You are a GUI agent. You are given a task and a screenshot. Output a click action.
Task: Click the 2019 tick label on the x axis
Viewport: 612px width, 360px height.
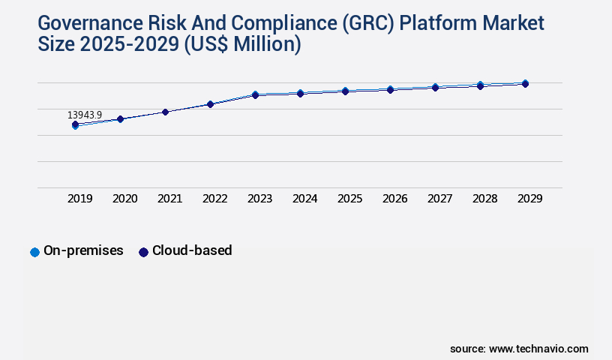click(80, 199)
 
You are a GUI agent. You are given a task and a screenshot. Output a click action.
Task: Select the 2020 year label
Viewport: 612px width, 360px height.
click(125, 199)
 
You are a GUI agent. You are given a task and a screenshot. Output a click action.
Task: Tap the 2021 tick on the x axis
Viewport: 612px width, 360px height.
click(170, 199)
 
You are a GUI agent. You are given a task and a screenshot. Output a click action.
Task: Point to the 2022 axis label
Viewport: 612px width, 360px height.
click(215, 199)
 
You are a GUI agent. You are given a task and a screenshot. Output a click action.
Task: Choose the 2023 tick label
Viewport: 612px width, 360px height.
click(260, 199)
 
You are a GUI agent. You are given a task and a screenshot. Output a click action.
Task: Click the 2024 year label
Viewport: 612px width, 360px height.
click(305, 199)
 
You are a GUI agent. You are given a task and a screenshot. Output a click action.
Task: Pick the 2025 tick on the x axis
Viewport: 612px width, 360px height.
click(350, 199)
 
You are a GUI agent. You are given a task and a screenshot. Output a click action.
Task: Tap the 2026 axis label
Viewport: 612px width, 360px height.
click(395, 199)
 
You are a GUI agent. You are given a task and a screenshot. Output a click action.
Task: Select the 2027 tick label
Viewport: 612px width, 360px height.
click(440, 199)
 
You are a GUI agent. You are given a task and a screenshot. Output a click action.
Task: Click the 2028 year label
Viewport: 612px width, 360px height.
click(485, 199)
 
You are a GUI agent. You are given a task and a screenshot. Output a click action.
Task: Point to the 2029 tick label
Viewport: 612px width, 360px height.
click(530, 199)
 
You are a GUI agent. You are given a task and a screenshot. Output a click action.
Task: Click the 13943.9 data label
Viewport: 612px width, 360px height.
click(85, 115)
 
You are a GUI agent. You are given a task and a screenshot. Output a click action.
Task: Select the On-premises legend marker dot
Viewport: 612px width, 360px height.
click(34, 252)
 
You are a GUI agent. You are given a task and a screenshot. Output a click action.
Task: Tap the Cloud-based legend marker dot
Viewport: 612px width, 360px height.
click(143, 252)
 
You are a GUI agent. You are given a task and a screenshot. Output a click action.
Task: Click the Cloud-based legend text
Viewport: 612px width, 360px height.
click(192, 251)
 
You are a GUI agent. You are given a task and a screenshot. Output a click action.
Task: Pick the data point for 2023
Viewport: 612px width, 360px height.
click(255, 94)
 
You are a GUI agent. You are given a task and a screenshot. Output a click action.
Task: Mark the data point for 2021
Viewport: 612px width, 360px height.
click(165, 112)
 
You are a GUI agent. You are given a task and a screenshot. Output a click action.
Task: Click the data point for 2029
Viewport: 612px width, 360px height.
click(525, 83)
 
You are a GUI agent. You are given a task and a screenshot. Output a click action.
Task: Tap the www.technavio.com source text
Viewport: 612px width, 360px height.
click(538, 349)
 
